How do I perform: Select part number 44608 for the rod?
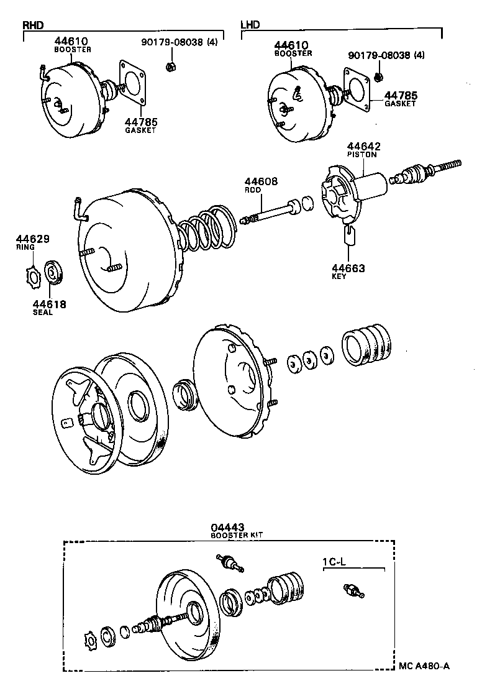tap(261, 182)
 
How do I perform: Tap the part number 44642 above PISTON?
tap(364, 147)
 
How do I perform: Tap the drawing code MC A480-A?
tap(424, 666)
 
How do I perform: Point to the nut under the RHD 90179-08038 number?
tap(170, 67)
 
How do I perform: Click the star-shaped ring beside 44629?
tap(34, 274)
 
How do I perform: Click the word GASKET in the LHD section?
tap(400, 104)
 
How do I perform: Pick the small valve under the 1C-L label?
tap(353, 591)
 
